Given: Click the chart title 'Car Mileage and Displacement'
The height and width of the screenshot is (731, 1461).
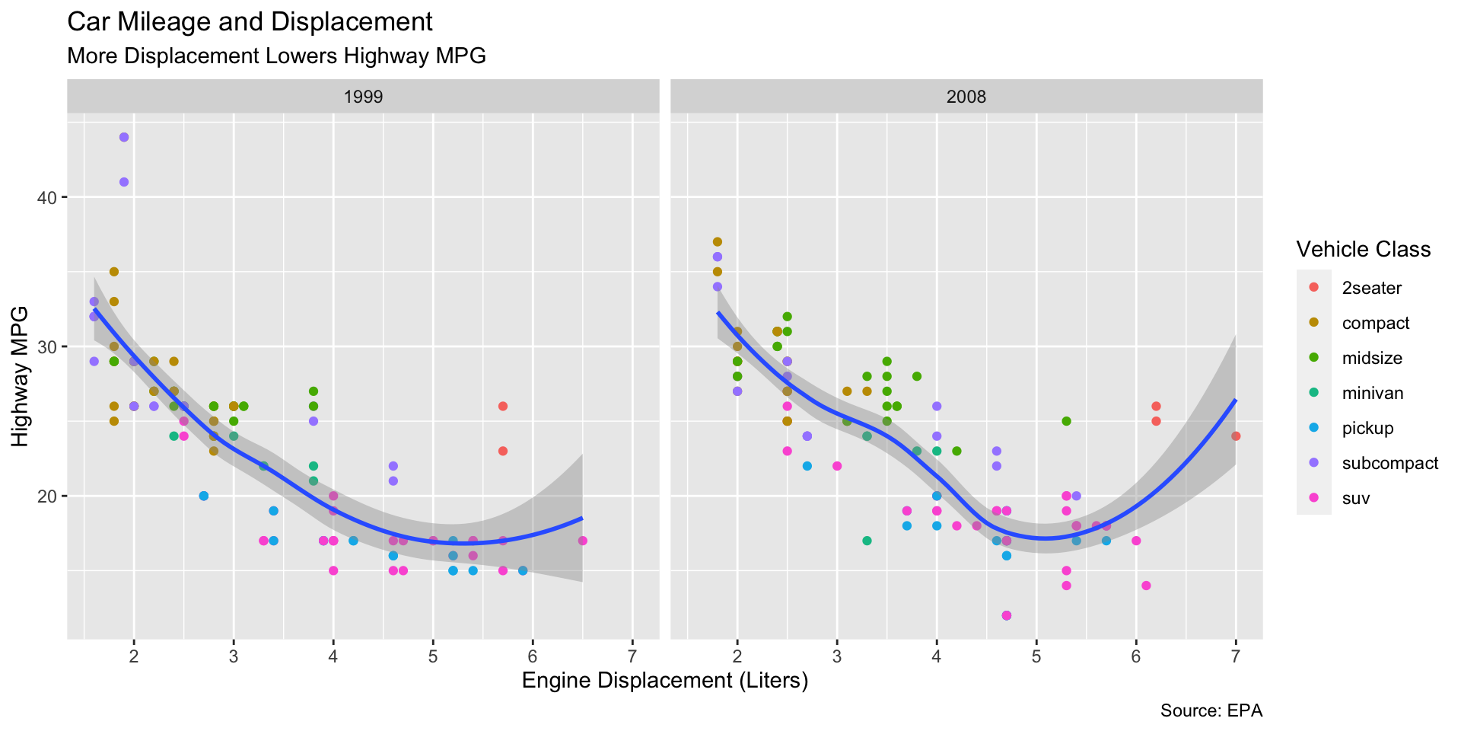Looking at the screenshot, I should pos(250,22).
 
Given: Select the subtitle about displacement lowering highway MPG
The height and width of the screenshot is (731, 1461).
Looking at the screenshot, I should pos(276,56).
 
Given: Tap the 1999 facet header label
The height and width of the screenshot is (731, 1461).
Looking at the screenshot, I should pos(363,97).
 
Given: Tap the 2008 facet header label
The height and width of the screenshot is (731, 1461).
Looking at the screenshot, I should pos(966,97).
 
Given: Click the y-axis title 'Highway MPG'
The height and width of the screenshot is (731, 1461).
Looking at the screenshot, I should pos(20,376).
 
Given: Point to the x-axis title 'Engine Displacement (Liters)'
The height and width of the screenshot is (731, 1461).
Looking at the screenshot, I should pos(664,681).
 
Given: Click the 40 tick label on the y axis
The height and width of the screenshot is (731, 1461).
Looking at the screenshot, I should pos(48,198).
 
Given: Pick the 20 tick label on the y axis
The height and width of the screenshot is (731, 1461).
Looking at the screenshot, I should pos(48,496).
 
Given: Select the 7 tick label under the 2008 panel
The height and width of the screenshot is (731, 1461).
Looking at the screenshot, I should pos(1236,657).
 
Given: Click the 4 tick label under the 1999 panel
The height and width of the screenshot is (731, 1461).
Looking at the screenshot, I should pos(333,657).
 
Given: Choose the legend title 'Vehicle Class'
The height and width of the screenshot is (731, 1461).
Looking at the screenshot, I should pos(1363,250).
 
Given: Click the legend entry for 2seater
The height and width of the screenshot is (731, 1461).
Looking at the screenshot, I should pos(1371,288).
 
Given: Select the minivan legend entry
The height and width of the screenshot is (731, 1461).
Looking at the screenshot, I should pos(1372,393).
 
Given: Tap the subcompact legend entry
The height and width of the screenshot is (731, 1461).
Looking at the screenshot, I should pos(1389,463).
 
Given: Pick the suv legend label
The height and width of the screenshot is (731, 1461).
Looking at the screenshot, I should pos(1356,498).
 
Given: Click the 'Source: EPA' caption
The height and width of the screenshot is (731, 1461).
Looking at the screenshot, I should pos(1211,711).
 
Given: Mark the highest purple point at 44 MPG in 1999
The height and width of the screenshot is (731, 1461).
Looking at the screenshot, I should pos(124,137).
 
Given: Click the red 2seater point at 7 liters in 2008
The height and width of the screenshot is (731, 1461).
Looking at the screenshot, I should pos(1236,436).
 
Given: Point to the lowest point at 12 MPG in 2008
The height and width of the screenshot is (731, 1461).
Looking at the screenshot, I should pos(1007,615).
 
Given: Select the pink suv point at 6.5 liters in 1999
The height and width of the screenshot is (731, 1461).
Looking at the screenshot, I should pos(582,541).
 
